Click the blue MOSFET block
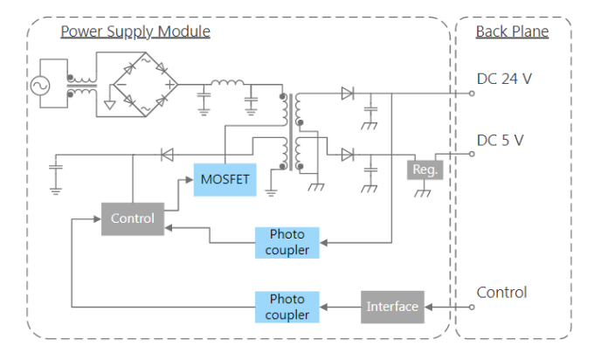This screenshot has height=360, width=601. [x=225, y=180]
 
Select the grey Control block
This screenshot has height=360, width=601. [x=133, y=219]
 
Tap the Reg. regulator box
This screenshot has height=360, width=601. [x=425, y=170]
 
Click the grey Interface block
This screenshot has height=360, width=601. [x=392, y=307]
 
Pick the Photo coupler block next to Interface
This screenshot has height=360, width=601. [x=287, y=307]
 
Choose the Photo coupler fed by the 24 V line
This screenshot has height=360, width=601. [x=287, y=242]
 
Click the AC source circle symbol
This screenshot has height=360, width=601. [x=40, y=86]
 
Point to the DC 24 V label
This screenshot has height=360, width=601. [x=504, y=79]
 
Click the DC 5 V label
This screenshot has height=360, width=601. [x=500, y=141]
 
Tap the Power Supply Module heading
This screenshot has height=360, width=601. [x=135, y=31]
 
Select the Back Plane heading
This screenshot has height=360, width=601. [x=512, y=31]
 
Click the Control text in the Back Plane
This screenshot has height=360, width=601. [x=501, y=293]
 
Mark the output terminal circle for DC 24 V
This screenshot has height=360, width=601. [x=472, y=93]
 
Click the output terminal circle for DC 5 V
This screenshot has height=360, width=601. [x=472, y=154]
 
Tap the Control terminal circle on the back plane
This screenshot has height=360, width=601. [x=472, y=307]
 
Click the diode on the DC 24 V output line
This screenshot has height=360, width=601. [x=348, y=93]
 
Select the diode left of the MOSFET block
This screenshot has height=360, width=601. [x=167, y=155]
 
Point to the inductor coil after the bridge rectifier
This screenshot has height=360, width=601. [x=227, y=82]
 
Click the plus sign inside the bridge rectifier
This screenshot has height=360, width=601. [x=169, y=85]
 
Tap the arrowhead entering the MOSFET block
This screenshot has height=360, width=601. [x=190, y=179]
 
